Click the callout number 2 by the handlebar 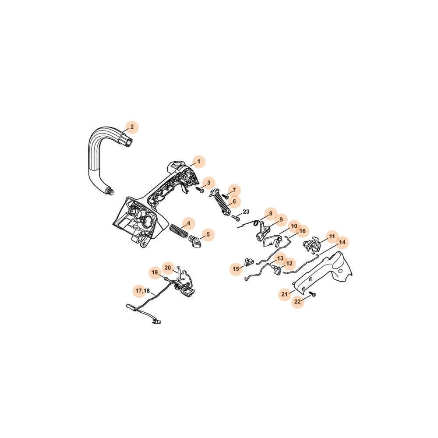132,127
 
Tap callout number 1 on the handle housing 198,162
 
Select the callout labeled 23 246,212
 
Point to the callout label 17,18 142,291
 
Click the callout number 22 297,301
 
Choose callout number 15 236,269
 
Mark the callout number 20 168,268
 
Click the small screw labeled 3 200,190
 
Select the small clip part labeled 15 249,262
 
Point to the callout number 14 342,242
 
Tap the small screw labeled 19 167,279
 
